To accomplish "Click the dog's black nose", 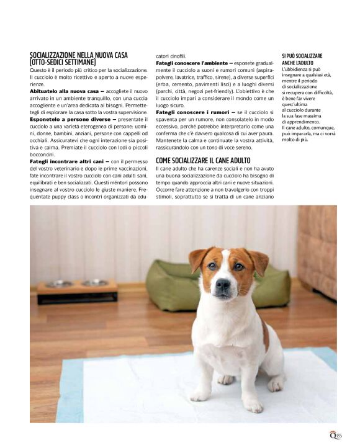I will click(x=223, y=284).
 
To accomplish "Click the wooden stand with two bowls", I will click(x=77, y=290).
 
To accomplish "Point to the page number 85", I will click(x=339, y=436).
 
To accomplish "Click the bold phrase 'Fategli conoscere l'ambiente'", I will click(x=192, y=63).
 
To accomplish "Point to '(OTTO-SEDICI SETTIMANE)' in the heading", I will click(x=63, y=62).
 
